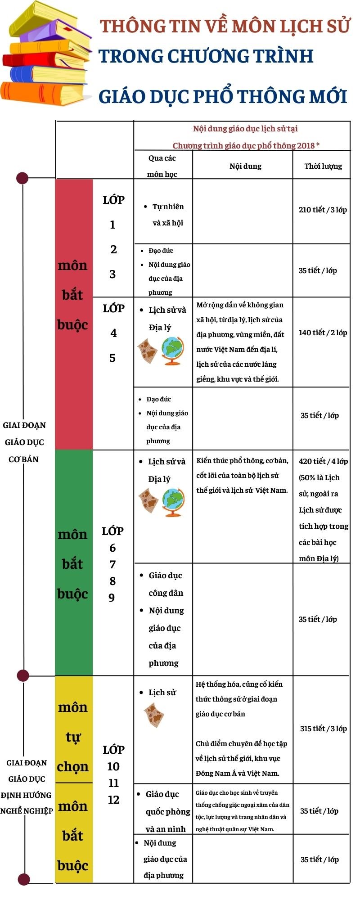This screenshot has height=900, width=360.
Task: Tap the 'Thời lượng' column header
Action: point(323,166)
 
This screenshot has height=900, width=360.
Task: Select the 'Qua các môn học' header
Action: point(162,166)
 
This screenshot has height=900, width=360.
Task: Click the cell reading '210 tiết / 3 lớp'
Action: point(323,210)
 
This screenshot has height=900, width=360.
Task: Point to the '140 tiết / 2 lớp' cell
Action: point(323,333)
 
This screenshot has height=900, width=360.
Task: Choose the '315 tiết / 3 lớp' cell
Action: point(323,729)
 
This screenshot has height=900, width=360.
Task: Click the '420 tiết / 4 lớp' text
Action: point(323,461)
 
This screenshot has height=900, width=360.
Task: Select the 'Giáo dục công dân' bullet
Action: point(165,584)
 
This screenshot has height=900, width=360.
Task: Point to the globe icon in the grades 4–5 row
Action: point(174,351)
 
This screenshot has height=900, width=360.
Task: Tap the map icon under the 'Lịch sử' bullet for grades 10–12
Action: point(154,715)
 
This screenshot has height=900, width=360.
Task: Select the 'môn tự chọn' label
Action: point(73,737)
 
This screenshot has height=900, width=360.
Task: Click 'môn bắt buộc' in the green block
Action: point(72,563)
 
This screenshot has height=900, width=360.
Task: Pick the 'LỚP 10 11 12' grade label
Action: point(113,774)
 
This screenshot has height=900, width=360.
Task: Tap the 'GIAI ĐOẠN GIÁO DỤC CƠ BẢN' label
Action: point(24,442)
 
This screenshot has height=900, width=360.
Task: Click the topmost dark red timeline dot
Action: point(22,178)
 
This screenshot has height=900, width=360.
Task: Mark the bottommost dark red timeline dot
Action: point(24,879)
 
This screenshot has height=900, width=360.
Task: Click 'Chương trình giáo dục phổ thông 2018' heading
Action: point(246,145)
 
